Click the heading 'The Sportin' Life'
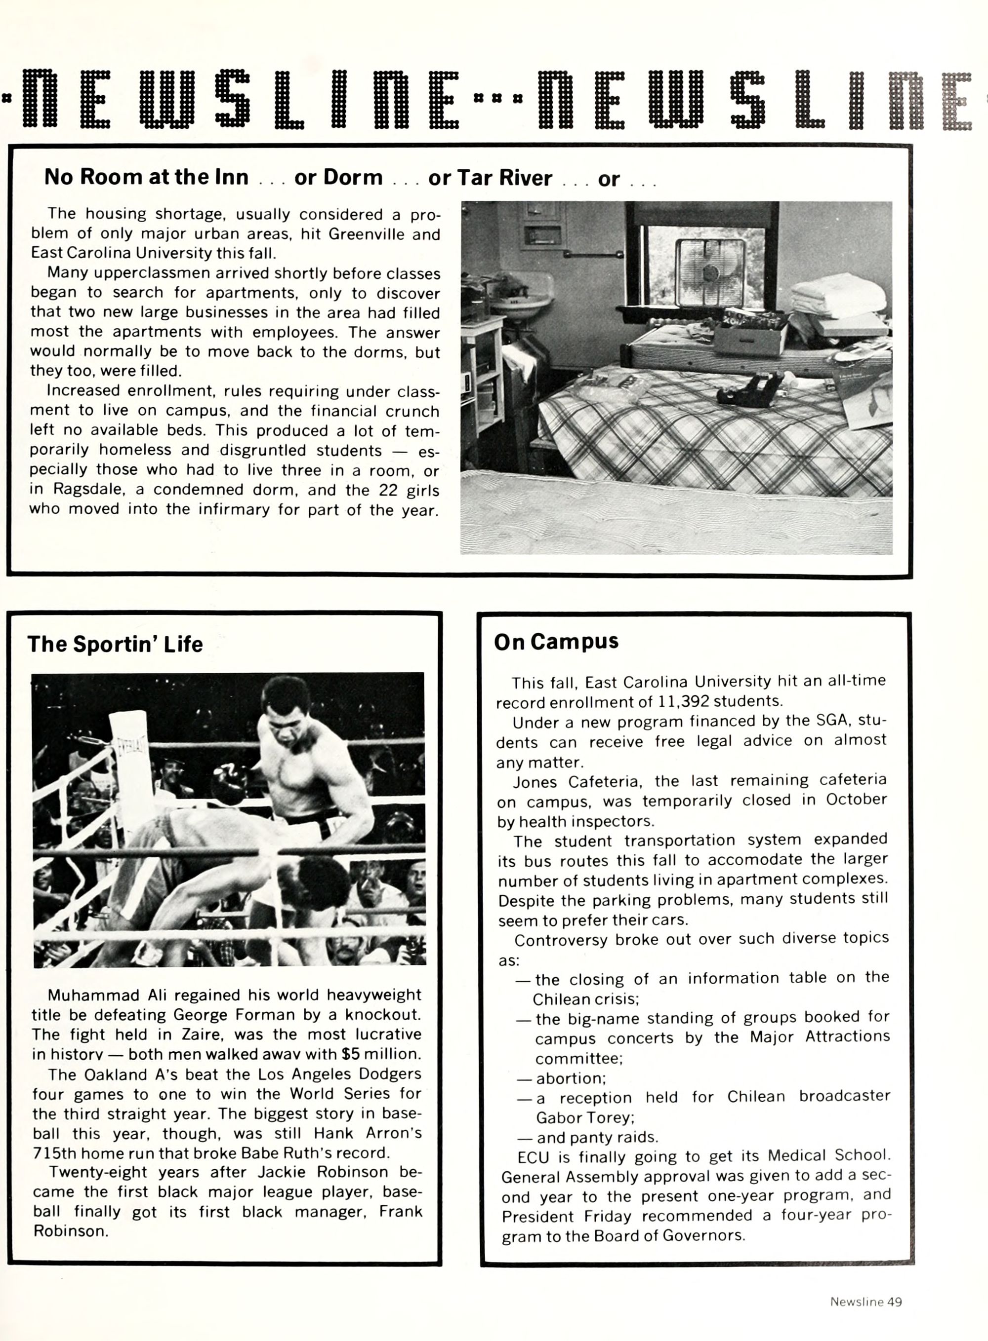click(x=115, y=644)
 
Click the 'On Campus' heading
click(x=556, y=642)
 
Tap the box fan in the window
click(x=710, y=272)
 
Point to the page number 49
click(x=894, y=1302)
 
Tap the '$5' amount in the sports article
click(x=352, y=1054)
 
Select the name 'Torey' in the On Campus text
click(x=613, y=1117)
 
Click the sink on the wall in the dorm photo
click(x=519, y=299)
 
